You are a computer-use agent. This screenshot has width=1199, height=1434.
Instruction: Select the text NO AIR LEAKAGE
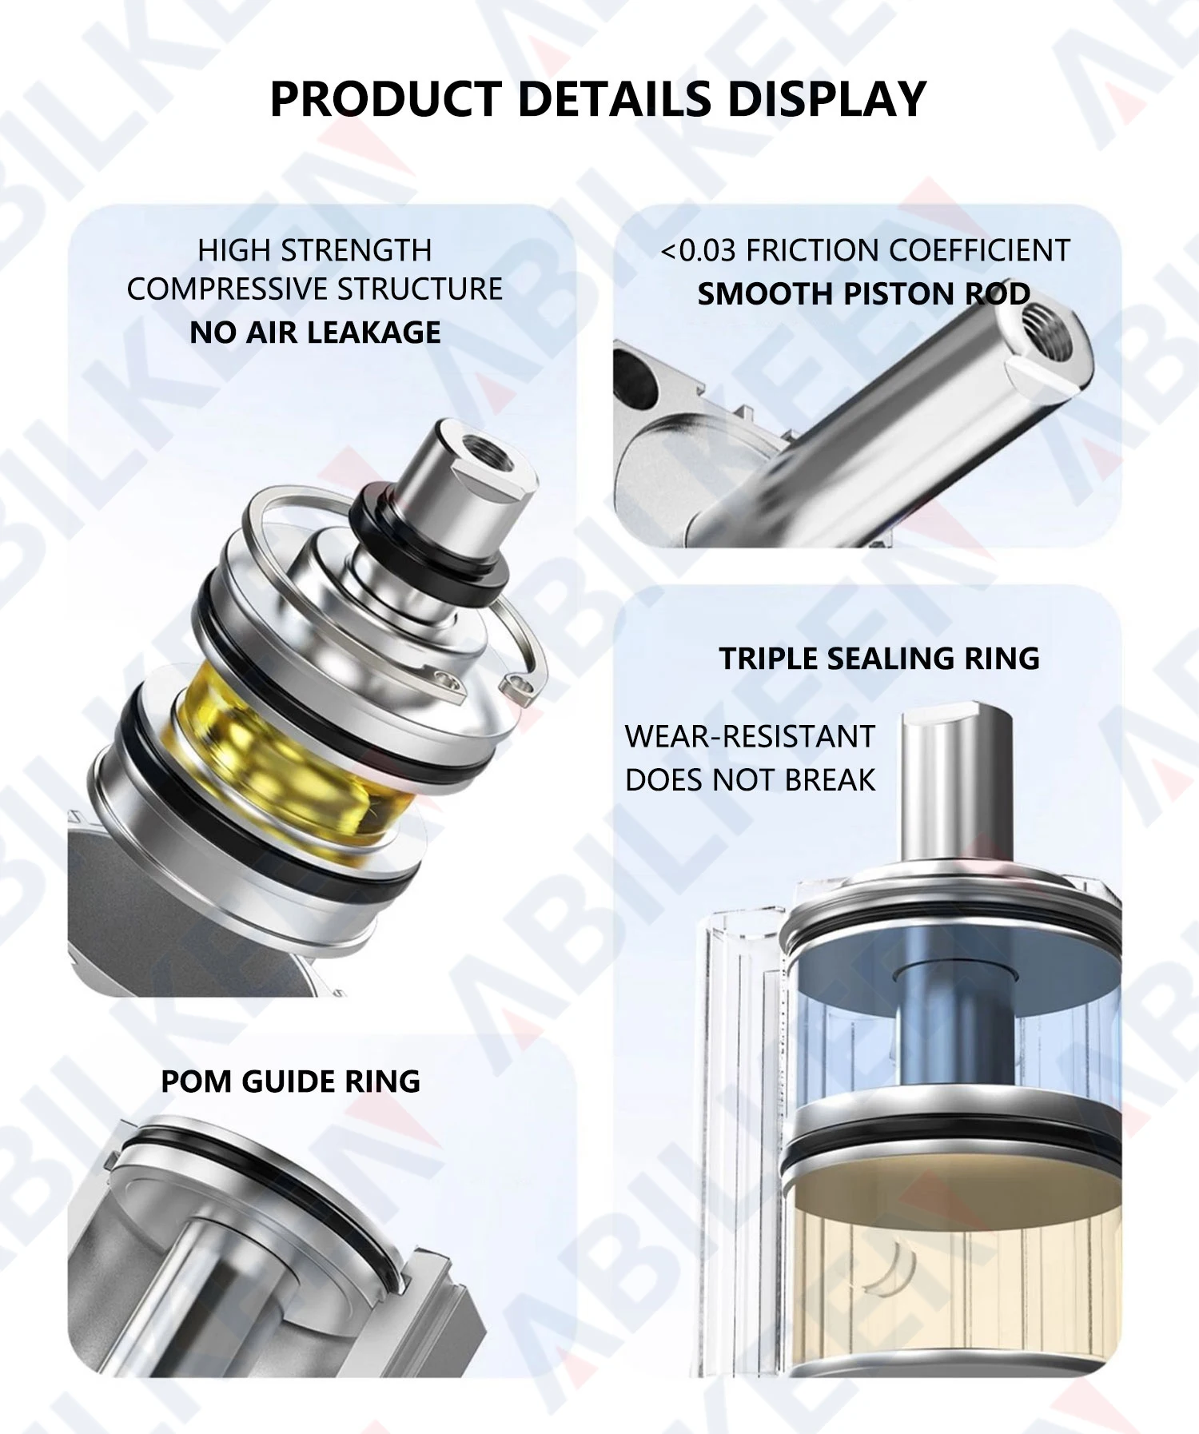pos(315,333)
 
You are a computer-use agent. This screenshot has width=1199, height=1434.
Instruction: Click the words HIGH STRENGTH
pos(314,251)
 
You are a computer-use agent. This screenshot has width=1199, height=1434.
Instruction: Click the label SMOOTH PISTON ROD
pos(863,294)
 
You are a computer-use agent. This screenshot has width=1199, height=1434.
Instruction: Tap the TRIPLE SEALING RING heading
pos(879,659)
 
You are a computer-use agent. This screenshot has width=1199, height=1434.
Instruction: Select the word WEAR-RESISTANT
pos(750,736)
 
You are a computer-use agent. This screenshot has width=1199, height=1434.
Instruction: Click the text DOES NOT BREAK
pos(750,780)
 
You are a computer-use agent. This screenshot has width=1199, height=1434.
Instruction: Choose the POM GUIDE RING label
pos(290,1081)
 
